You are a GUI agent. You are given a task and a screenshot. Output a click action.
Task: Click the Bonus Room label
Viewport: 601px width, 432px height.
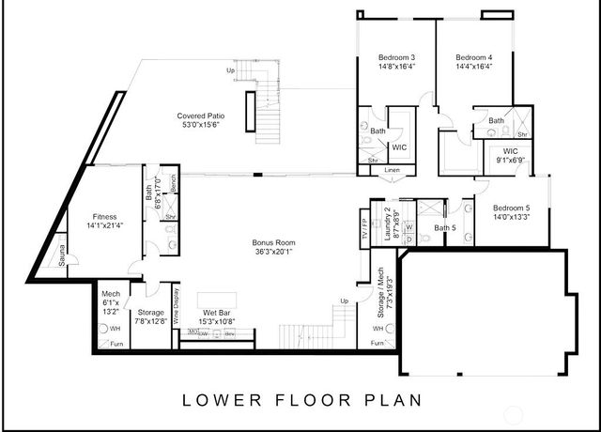click(x=273, y=242)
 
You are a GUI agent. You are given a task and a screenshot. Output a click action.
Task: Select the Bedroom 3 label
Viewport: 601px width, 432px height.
click(x=396, y=57)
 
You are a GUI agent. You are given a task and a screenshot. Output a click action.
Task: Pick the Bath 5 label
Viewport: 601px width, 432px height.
click(x=444, y=226)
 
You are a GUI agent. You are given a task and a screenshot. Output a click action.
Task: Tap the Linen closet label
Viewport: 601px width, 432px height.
click(x=392, y=170)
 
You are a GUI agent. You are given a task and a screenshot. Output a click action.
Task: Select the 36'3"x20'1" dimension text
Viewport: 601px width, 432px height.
click(x=273, y=252)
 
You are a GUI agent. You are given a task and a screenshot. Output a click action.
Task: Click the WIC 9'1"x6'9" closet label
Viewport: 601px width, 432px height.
click(x=511, y=156)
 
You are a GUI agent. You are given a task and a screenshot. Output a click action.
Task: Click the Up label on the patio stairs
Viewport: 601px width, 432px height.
click(x=230, y=69)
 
